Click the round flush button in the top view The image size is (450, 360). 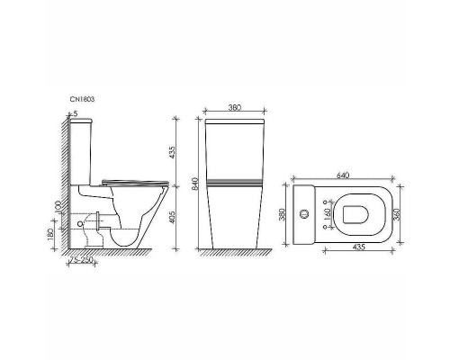click(x=304, y=214)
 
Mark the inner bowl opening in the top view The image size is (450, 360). click(x=357, y=214)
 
